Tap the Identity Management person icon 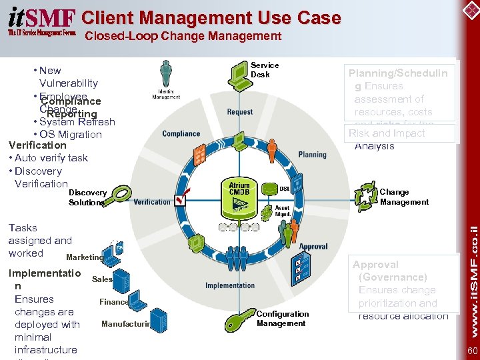pyautogui.click(x=166, y=73)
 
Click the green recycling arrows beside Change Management pyautogui.click(x=365, y=197)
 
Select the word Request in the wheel pyautogui.click(x=239, y=112)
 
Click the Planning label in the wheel pyautogui.click(x=312, y=155)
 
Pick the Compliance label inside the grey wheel pyautogui.click(x=181, y=134)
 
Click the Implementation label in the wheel pyautogui.click(x=230, y=285)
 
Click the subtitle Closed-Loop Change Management pyautogui.click(x=183, y=37)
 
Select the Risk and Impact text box pyautogui.click(x=401, y=133)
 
